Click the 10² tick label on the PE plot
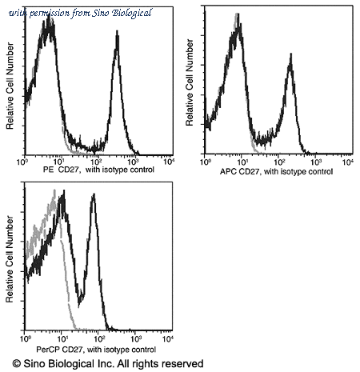[96, 162]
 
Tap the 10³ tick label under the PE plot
[133, 162]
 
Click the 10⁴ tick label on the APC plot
[348, 162]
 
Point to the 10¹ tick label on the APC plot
[243, 162]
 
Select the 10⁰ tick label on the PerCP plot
[26, 339]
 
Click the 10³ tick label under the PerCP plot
[136, 339]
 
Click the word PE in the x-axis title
[48, 170]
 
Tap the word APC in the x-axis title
[228, 171]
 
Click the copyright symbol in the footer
[17, 364]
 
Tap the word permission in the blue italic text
[50, 14]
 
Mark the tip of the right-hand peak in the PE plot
[117, 31]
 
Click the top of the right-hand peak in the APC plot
[291, 54]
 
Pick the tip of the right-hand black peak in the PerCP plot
[94, 194]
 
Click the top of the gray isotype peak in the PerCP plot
[54, 190]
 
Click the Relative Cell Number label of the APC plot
[190, 82]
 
